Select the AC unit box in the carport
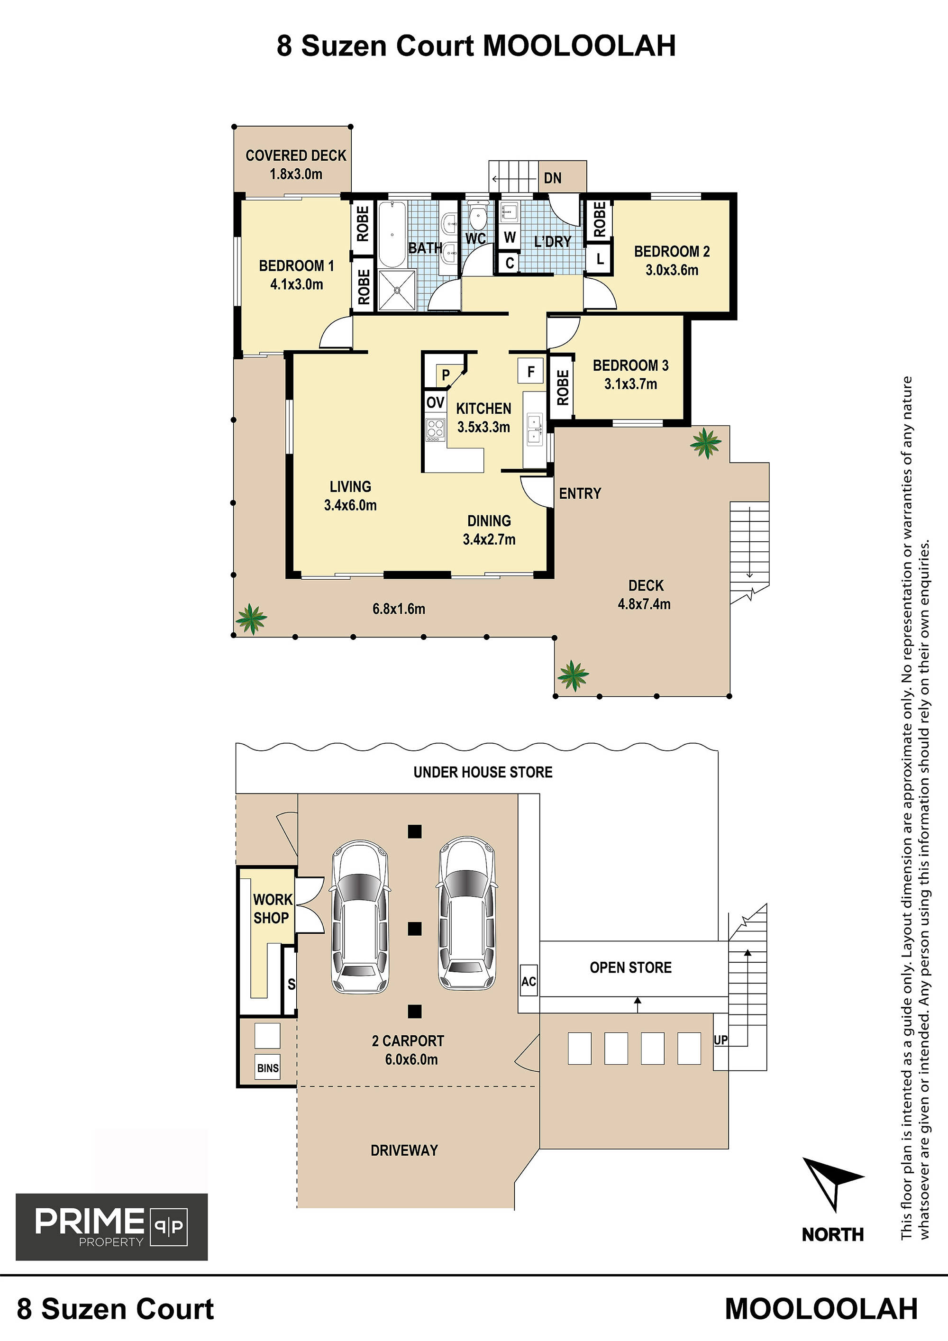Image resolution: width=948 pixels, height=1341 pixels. coord(529,982)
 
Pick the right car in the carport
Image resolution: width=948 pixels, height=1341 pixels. coord(467,914)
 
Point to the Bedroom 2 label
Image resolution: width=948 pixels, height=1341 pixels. coord(672,252)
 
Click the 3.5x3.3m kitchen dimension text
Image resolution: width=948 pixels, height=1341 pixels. coord(483,427)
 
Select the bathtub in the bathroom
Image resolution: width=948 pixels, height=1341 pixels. coord(392,234)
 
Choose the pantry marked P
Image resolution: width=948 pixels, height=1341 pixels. coord(445,374)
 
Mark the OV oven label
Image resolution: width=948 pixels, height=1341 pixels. coord(435,402)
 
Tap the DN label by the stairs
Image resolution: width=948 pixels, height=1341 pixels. coord(553,178)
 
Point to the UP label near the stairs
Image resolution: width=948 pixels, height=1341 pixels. coord(721,1040)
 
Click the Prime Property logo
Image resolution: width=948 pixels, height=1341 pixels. coord(111,1227)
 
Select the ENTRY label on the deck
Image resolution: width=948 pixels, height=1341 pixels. coord(580,493)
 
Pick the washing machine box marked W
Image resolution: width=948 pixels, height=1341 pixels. coord(510,237)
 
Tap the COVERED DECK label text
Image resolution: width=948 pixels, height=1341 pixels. coord(296,155)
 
